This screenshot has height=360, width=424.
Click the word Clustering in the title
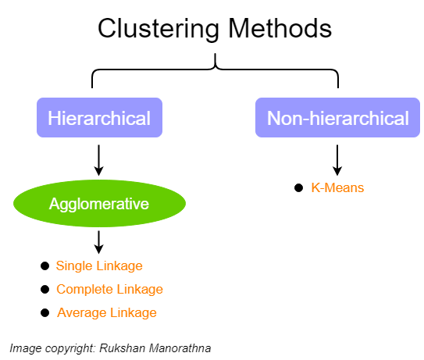[x=159, y=29]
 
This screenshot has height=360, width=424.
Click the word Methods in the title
[x=280, y=28]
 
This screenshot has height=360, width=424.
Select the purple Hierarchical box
[x=99, y=118]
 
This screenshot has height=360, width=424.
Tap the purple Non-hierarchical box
[x=337, y=118]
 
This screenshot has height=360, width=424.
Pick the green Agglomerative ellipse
[x=99, y=203]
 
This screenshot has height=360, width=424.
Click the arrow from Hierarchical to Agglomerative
[x=98, y=160]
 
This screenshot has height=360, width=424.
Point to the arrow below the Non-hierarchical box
[x=337, y=160]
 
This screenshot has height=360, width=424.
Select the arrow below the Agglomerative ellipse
[x=98, y=242]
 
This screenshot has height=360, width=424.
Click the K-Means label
[x=337, y=187]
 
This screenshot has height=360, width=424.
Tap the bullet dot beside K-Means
[x=298, y=187]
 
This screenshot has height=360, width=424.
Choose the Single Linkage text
[x=99, y=266]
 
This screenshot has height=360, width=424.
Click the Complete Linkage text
[x=109, y=289]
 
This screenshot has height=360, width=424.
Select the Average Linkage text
[x=107, y=312]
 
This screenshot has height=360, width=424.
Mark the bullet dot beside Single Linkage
[x=45, y=266]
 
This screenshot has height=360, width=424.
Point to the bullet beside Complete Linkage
[x=45, y=290]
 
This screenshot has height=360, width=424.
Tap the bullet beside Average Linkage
[x=45, y=313]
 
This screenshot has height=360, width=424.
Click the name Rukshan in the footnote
[x=123, y=348]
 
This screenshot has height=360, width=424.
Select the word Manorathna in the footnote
[x=180, y=348]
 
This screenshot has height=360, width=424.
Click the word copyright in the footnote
[x=70, y=348]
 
